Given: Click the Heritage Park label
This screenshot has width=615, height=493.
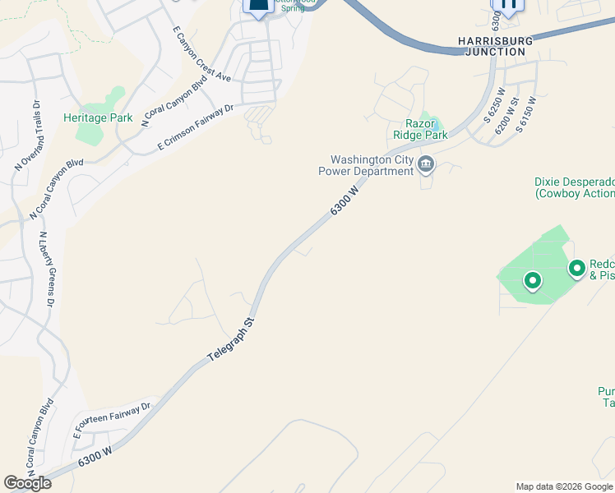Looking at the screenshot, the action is coord(98,117).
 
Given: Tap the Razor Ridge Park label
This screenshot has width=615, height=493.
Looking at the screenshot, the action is coord(426,129).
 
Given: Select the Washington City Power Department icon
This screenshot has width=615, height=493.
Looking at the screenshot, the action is coord(426,165).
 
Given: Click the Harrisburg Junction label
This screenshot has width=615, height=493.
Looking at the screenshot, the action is coord(495,46).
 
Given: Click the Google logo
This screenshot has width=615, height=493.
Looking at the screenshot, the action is coord(27,483).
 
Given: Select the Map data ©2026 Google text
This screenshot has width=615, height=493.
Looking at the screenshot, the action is coord(564,486).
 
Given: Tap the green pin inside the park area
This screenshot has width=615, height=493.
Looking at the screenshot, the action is coord(533,281).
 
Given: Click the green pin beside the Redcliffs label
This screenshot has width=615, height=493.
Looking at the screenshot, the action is coord(577,267).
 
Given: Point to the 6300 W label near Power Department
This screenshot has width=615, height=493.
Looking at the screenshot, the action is coord(345,200).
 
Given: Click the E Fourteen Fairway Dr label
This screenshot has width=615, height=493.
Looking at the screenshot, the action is coord(113,419).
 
